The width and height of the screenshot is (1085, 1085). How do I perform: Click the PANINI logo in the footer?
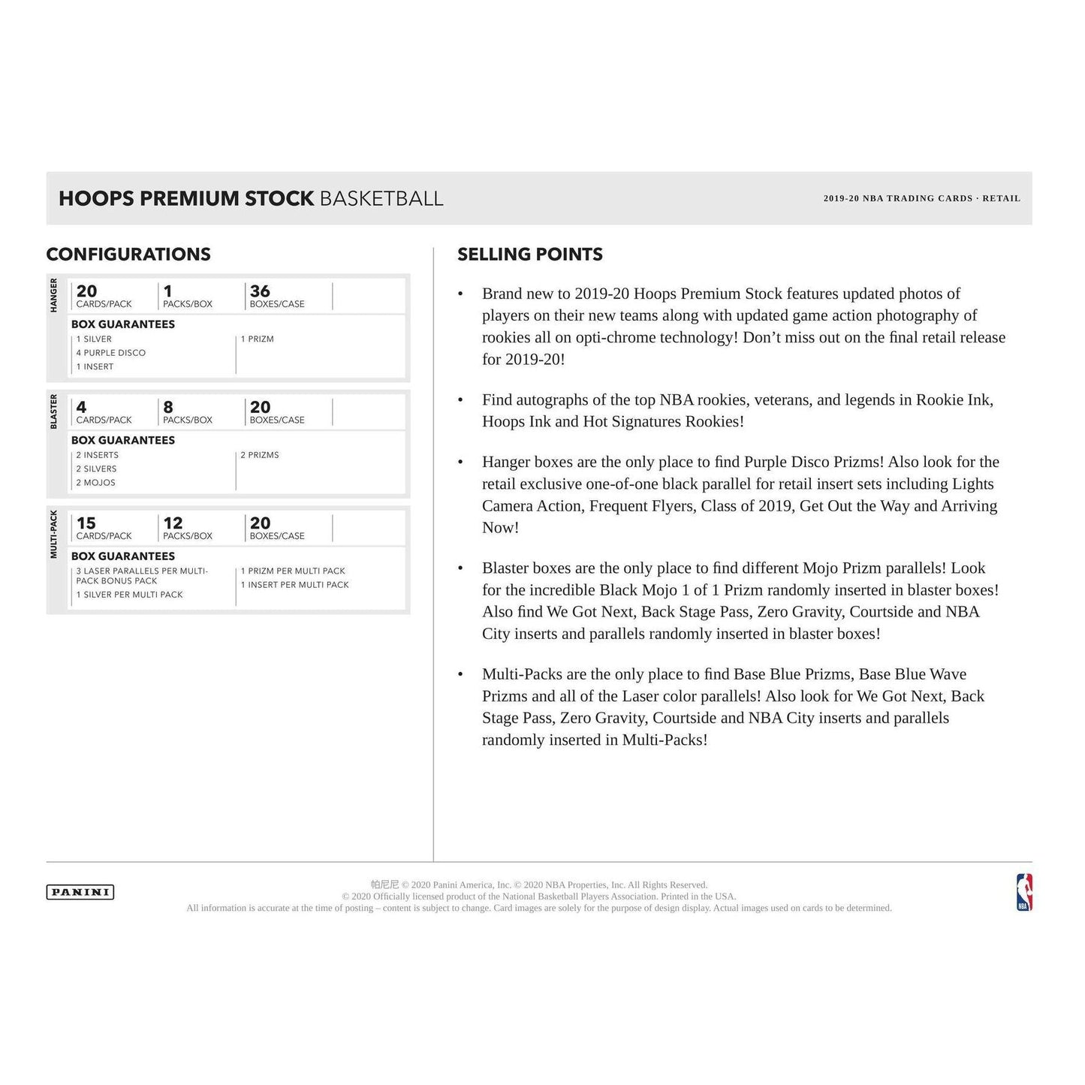coord(80,892)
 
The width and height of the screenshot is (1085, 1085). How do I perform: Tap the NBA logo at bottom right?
coord(1024,892)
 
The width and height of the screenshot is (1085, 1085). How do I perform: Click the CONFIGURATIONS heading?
coord(128,255)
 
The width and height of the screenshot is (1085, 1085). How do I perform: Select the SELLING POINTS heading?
coord(530,255)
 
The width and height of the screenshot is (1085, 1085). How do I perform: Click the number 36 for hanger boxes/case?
coord(260,291)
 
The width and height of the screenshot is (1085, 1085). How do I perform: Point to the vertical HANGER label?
coord(54,295)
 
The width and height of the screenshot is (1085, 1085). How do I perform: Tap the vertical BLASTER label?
coord(54,411)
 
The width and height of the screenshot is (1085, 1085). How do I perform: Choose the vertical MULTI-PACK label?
coord(54,535)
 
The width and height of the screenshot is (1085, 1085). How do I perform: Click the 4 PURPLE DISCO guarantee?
coord(111,353)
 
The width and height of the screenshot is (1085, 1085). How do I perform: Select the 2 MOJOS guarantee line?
coord(96,483)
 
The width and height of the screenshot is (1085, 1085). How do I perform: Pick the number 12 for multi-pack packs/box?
coord(173,523)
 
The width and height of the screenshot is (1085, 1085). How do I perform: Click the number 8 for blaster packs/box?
coord(168,407)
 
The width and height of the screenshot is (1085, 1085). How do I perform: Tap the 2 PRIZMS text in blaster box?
coord(260,455)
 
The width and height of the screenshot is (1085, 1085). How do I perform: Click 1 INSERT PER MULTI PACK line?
coord(295,585)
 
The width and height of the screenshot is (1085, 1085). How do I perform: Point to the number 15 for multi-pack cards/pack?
coord(86,523)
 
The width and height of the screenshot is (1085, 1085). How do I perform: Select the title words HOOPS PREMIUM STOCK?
coord(186,199)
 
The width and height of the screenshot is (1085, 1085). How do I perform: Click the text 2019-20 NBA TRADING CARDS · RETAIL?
coord(921,199)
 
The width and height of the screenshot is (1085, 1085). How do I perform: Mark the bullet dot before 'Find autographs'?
coord(460,400)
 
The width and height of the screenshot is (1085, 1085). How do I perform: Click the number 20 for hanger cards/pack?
coord(86,291)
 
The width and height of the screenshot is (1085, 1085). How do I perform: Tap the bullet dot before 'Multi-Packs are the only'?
coord(460,675)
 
